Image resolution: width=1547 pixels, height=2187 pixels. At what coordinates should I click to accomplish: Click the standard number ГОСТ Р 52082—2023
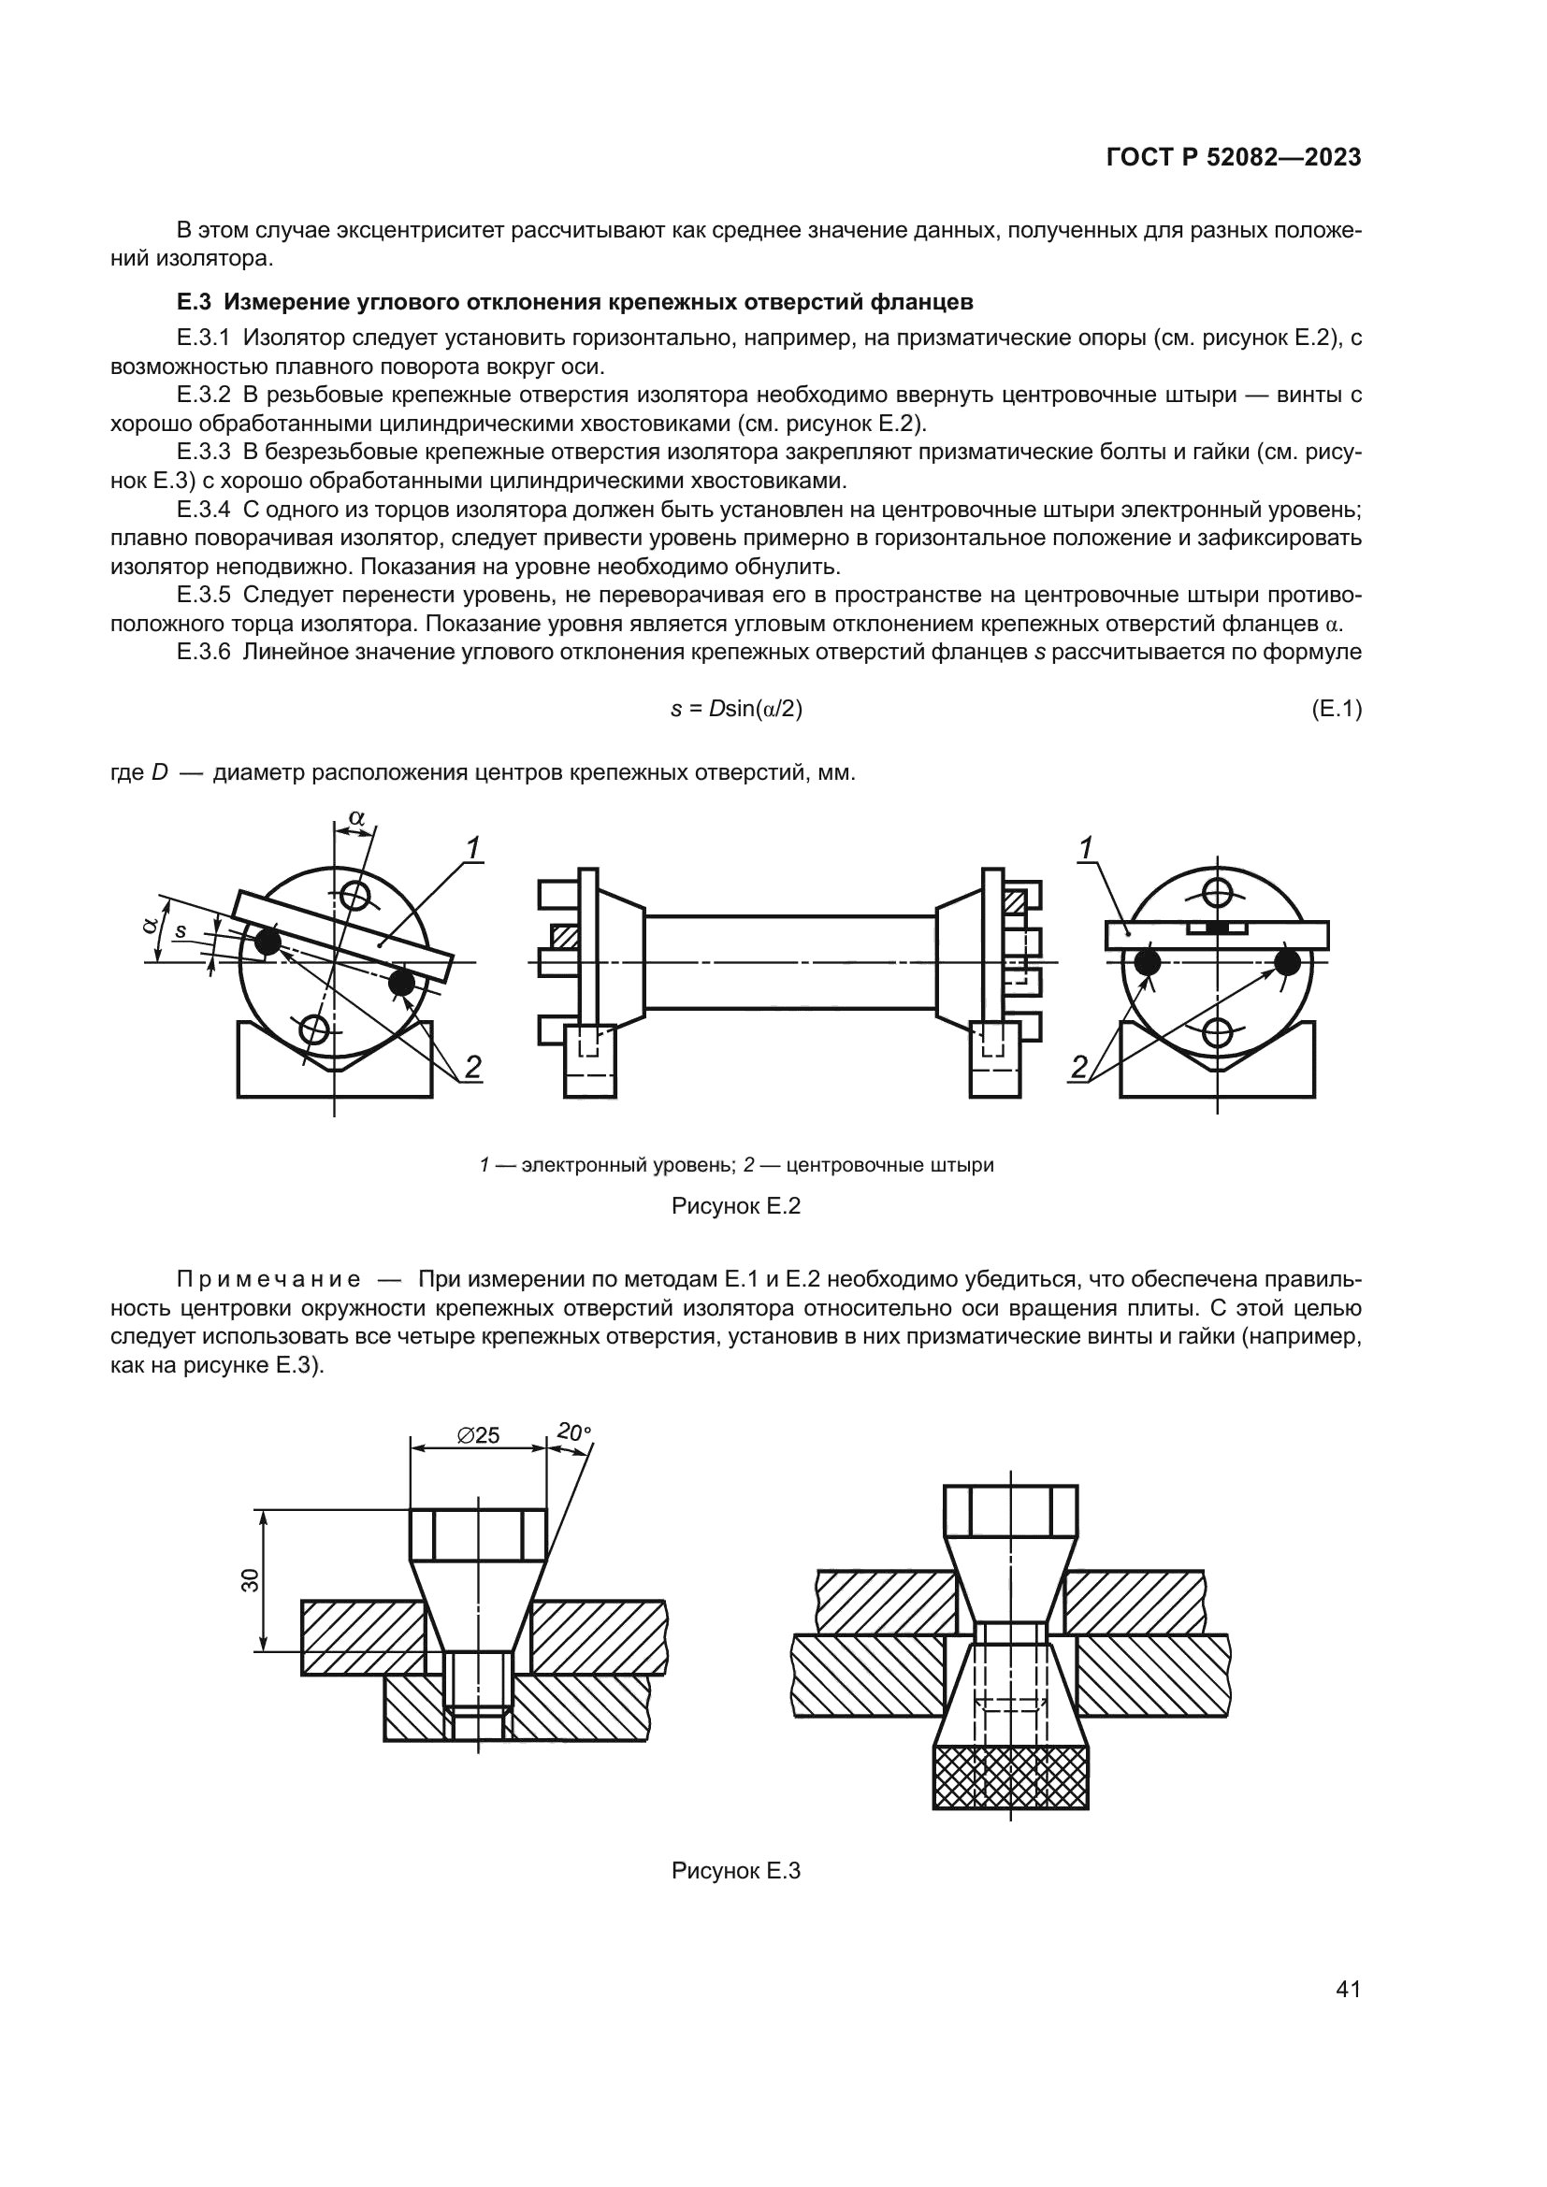pyautogui.click(x=1233, y=158)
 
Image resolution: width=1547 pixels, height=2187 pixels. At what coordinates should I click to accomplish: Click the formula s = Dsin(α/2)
pyautogui.click(x=736, y=709)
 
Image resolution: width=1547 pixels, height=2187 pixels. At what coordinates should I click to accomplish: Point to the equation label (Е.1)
pyautogui.click(x=1337, y=709)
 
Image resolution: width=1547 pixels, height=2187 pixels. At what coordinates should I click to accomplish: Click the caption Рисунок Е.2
pyautogui.click(x=735, y=1206)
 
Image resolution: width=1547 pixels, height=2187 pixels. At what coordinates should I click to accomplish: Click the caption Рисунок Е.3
pyautogui.click(x=735, y=1871)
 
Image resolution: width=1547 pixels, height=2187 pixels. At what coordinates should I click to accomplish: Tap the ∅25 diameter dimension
pyautogui.click(x=478, y=1435)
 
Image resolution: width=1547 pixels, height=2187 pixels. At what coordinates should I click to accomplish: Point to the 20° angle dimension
pyautogui.click(x=573, y=1432)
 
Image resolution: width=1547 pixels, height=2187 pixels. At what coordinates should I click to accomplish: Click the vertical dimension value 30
pyautogui.click(x=250, y=1581)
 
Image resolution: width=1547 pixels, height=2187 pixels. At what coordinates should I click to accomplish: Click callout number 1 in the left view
pyautogui.click(x=473, y=846)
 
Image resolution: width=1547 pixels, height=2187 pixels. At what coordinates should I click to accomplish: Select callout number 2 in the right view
pyautogui.click(x=1078, y=1068)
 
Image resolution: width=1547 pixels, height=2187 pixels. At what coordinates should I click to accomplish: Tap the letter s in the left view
pyautogui.click(x=181, y=930)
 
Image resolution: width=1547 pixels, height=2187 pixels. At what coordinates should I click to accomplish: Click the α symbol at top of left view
pyautogui.click(x=356, y=817)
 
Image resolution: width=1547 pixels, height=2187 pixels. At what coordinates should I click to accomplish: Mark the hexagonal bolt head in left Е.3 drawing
pyautogui.click(x=478, y=1534)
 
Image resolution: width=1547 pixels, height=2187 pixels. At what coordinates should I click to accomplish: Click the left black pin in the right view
pyautogui.click(x=1147, y=962)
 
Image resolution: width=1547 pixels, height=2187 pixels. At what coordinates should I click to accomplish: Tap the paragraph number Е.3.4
pyautogui.click(x=204, y=510)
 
